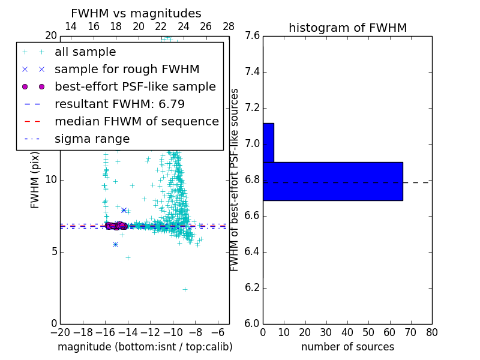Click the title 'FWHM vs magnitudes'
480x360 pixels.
136,13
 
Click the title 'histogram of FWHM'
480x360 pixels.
347,28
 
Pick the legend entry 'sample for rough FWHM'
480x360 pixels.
127,69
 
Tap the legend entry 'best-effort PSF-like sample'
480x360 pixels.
135,86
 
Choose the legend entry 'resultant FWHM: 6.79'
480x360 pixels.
119,104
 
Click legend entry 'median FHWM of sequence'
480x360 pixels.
136,121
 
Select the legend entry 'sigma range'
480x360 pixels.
92,139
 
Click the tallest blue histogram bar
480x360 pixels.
332,181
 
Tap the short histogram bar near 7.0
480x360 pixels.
268,142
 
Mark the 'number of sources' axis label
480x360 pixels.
347,347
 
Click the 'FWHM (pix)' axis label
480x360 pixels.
35,179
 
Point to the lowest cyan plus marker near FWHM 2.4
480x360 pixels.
185,289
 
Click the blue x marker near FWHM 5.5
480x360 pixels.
115,244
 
